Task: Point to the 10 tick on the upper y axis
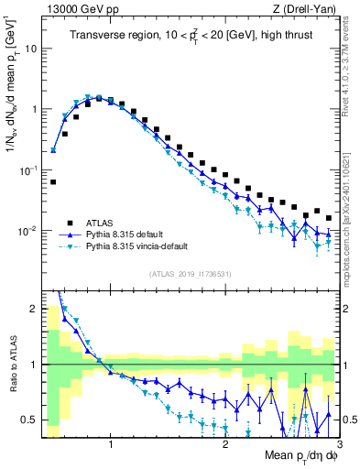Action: pyautogui.click(x=30, y=48)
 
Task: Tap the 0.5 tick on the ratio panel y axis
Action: pyautogui.click(x=29, y=420)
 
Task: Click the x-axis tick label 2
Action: pyautogui.click(x=225, y=446)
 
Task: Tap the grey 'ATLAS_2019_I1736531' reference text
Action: pyautogui.click(x=191, y=274)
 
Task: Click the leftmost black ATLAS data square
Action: pyautogui.click(x=53, y=181)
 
